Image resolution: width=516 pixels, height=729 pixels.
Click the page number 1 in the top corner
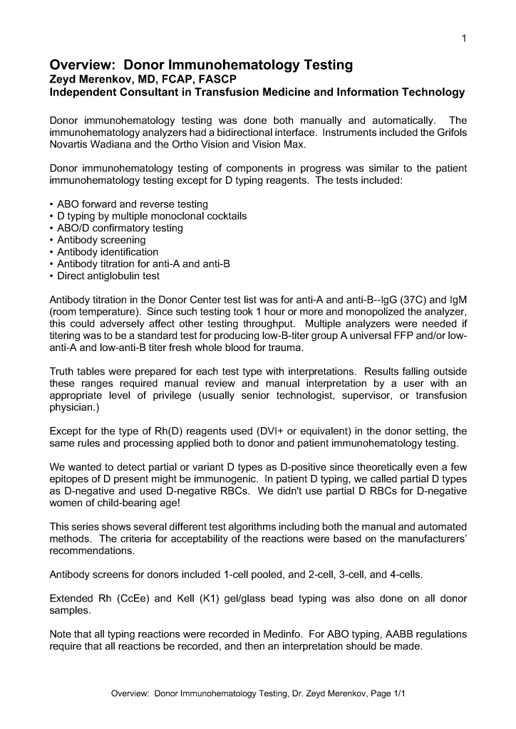point(464,38)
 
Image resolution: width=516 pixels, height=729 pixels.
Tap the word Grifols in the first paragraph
point(450,132)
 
